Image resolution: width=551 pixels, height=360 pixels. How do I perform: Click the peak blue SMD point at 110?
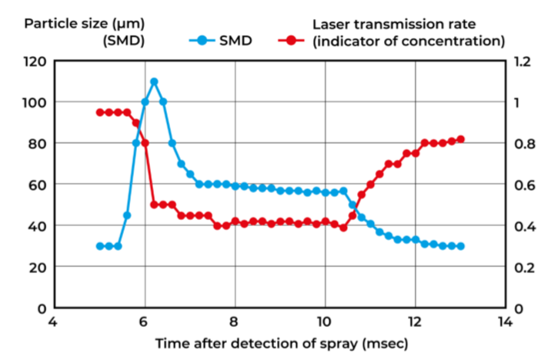(x=154, y=82)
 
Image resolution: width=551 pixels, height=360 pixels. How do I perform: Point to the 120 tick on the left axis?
(x=36, y=61)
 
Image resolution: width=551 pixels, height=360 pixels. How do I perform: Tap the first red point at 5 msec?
(x=99, y=112)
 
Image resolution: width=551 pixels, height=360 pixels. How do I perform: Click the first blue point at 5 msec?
(x=99, y=246)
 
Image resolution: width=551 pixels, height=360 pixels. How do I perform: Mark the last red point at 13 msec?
(x=461, y=139)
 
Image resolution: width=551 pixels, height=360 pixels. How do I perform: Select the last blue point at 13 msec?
(x=461, y=246)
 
